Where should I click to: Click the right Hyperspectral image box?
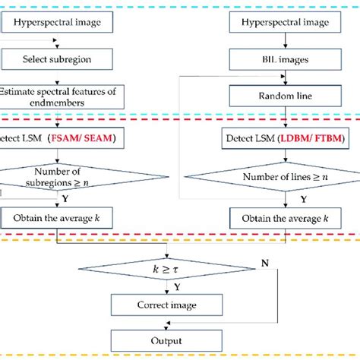(286, 23)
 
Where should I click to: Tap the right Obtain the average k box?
(286, 217)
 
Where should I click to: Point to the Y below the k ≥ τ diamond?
(175, 288)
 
